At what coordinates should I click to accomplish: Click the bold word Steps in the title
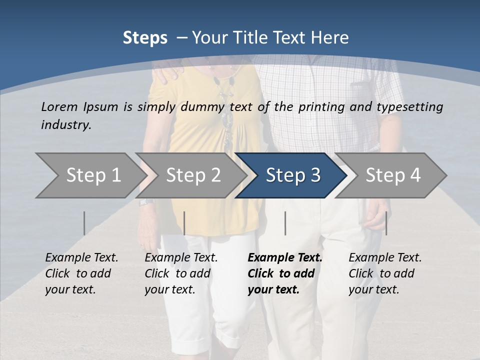(145, 37)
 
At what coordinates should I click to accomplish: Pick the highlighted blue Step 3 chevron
(292, 175)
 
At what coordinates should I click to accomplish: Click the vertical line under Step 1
(84, 223)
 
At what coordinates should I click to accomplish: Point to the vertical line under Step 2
(184, 223)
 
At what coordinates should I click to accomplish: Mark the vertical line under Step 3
(285, 223)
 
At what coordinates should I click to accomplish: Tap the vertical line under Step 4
(386, 223)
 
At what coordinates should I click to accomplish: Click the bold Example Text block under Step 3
(285, 273)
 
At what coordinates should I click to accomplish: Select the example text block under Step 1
(81, 273)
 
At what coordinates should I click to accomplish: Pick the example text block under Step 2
(181, 273)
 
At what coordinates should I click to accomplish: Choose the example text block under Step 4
(385, 273)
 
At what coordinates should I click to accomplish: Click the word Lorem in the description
(59, 106)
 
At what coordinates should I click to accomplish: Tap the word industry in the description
(66, 124)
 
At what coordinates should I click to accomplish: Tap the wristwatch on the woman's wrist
(145, 201)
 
